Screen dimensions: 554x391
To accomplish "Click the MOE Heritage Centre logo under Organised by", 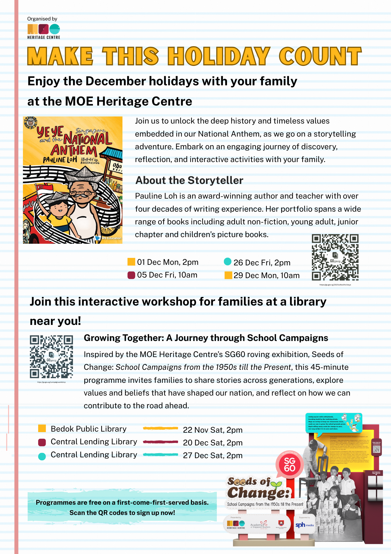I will pos(44,31).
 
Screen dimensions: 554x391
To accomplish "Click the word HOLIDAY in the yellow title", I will pos(218,56).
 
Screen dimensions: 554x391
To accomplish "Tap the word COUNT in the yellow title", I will pos(320,56).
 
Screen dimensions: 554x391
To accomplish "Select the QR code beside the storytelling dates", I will pos(335,257).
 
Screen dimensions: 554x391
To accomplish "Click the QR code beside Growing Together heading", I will pos(51,357).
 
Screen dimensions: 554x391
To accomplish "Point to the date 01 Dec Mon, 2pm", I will pos(168,262).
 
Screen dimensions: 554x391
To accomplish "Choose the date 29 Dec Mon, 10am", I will pos(266,275).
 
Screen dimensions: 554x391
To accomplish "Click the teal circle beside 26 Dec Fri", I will pos(227,261).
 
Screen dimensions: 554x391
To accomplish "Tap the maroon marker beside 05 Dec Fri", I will pos(131,275).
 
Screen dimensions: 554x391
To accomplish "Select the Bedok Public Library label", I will pos(88,429).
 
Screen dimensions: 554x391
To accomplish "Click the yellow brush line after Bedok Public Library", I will pos(160,428).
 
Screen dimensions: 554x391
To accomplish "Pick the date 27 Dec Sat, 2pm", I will pos(213,455).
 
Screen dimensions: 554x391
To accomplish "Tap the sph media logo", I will pos(304,525).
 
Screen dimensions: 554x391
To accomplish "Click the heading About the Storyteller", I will pos(189,180).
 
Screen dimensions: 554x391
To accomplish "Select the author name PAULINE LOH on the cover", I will pos(60,160).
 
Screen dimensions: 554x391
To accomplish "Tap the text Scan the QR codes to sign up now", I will pos(122,513).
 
